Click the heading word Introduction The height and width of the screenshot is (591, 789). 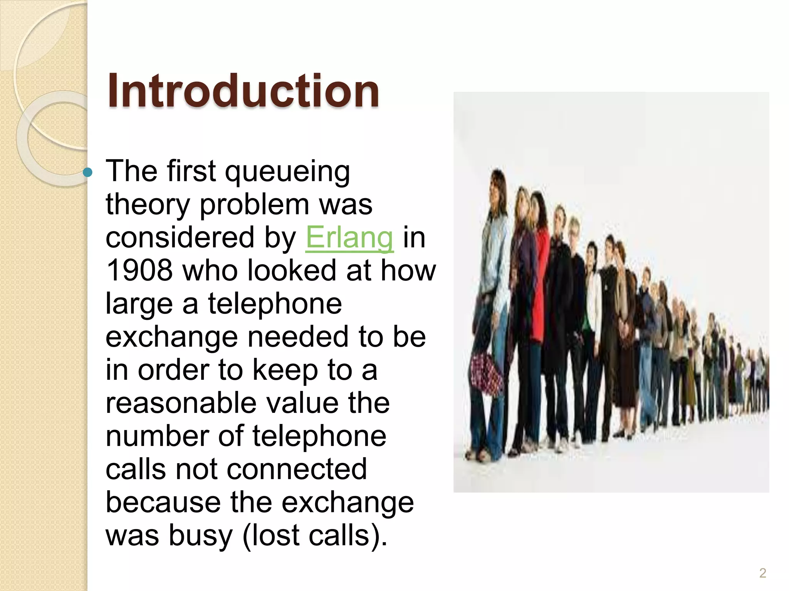(x=243, y=91)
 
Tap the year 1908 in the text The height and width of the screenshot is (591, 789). (x=139, y=270)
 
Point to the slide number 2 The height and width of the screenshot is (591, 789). (x=762, y=573)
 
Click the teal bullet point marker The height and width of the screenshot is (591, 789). (x=88, y=172)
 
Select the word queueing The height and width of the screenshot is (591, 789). (x=287, y=172)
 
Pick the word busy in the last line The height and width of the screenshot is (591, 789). (x=200, y=536)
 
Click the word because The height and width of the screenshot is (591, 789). (x=163, y=503)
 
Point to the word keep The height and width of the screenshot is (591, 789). (x=285, y=370)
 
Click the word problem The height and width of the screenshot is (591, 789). (x=254, y=204)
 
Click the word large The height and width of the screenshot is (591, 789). (x=139, y=304)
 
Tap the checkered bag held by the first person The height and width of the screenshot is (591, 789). (x=486, y=373)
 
